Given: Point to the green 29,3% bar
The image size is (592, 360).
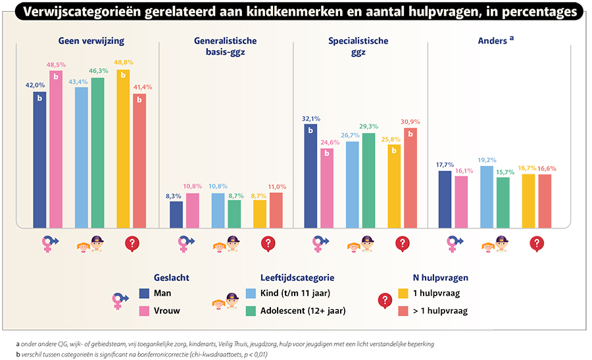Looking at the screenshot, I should (x=369, y=181).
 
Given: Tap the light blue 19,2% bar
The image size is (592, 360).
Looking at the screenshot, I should (x=487, y=197).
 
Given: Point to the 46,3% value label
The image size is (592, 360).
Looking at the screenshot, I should (x=98, y=71).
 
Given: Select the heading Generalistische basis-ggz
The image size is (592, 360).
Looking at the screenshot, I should (x=225, y=46).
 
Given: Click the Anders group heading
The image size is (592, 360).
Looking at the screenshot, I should (x=495, y=41).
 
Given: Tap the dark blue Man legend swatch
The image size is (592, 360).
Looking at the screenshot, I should (x=145, y=293).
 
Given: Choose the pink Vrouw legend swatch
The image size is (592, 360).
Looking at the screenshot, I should (x=145, y=310).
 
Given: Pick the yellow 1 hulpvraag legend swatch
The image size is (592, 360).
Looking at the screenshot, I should (x=404, y=293).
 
